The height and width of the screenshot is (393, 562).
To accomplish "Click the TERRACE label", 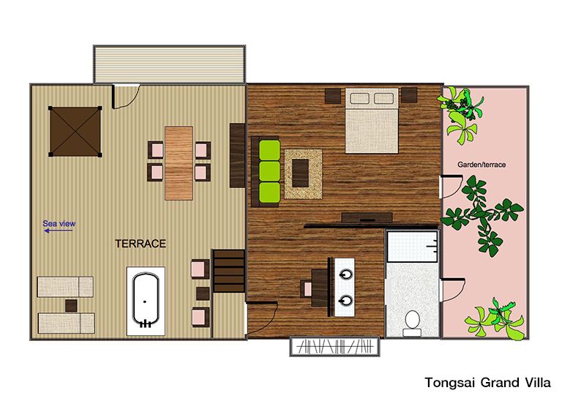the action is (140, 244).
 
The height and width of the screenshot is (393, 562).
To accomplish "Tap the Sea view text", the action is (59, 223).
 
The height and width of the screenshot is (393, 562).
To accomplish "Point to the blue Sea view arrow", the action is (58, 231).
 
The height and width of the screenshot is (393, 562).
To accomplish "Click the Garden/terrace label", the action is (482, 165).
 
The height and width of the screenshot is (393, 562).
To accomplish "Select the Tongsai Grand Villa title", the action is (487, 383).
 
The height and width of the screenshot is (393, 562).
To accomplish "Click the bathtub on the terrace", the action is (146, 301).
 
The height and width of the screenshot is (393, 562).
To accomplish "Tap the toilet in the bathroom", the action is (412, 323).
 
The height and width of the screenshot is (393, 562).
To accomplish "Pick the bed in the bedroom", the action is (372, 121).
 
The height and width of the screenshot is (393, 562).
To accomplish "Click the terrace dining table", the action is (179, 162).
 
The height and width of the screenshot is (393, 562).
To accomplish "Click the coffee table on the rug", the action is (300, 173).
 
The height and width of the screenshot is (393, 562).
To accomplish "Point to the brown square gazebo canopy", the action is (75, 132).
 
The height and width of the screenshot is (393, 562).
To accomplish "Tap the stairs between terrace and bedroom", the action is (228, 271).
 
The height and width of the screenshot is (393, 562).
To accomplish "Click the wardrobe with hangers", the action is (334, 346).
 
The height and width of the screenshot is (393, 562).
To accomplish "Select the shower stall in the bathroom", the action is (413, 246).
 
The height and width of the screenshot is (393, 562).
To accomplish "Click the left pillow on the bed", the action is (359, 98).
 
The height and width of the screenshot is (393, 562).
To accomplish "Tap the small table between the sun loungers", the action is (71, 306).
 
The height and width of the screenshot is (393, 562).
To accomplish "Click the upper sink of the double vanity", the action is (346, 274).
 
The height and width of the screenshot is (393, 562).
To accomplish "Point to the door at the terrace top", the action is (126, 96).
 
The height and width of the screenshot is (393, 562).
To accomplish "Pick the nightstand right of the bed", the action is (409, 95).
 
